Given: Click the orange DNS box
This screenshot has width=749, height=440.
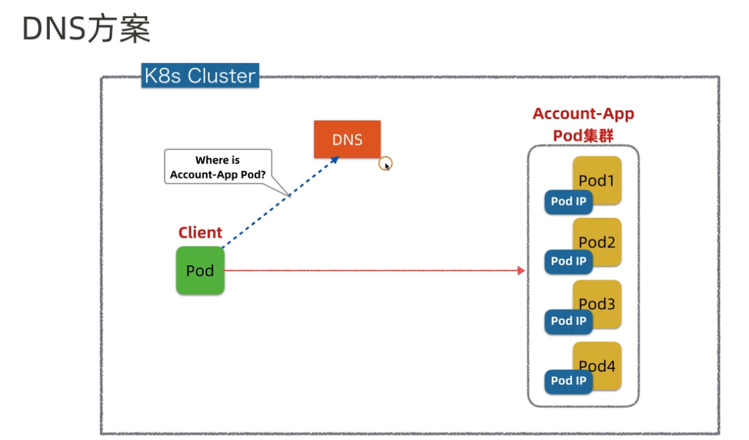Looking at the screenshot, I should tap(347, 139).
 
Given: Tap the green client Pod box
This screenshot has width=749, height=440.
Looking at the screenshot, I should tap(200, 271).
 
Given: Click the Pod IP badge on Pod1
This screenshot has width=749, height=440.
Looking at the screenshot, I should tap(569, 202).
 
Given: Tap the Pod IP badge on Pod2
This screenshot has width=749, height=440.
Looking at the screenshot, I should tap(569, 261).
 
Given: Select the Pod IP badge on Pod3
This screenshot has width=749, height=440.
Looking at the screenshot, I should tap(569, 321).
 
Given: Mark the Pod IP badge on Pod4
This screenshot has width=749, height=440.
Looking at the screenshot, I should tap(569, 381).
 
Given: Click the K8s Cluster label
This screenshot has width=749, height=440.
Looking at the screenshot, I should tap(200, 76).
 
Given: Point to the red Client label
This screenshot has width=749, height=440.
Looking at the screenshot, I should tap(200, 232).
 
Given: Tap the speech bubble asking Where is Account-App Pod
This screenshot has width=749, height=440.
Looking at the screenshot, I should tap(218, 167).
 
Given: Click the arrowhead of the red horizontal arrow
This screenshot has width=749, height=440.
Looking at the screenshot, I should tap(522, 271).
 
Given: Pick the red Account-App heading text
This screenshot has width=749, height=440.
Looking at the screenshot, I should tap(583, 114).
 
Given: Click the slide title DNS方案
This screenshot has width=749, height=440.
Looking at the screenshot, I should tap(86, 30).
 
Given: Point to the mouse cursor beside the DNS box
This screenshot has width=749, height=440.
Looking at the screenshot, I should tap(386, 165).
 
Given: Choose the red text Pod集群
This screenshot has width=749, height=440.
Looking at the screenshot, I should tap(583, 136).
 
